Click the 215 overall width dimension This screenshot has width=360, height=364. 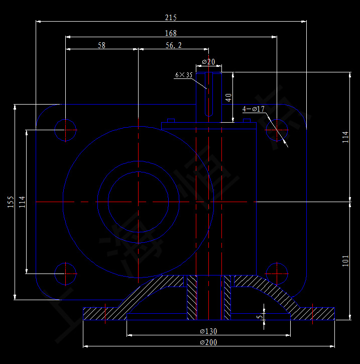(x=171, y=18)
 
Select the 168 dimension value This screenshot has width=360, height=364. (x=171, y=33)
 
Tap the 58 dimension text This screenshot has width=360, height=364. (x=101, y=45)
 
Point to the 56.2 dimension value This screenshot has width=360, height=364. (x=173, y=45)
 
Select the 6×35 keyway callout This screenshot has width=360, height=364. (x=184, y=75)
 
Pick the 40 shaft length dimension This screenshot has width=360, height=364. (x=229, y=97)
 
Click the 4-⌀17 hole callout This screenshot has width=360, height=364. (x=254, y=109)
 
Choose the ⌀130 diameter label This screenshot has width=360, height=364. (x=208, y=331)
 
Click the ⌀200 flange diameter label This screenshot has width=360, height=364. (x=208, y=342)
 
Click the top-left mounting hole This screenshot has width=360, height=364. (x=66, y=130)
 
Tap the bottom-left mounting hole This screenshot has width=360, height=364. (x=66, y=274)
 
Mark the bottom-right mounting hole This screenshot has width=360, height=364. (x=276, y=274)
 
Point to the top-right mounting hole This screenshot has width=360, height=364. (x=276, y=130)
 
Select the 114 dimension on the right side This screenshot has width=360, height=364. (x=345, y=137)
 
